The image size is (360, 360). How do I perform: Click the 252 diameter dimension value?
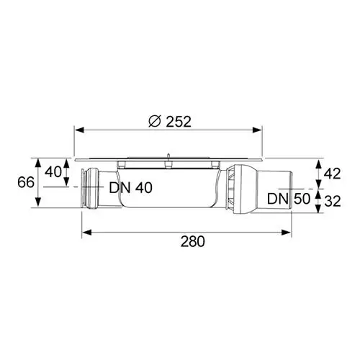(x=179, y=122)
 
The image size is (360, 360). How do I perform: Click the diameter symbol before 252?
(x=155, y=122)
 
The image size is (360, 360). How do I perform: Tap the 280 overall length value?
(x=193, y=241)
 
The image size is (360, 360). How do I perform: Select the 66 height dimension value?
(x=26, y=182)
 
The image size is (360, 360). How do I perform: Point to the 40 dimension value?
(x=53, y=172)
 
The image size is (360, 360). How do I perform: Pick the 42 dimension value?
(x=333, y=174)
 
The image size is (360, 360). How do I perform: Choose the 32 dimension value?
(x=333, y=201)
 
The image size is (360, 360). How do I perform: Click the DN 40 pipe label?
(x=131, y=188)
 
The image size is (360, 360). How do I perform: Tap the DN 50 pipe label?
(x=289, y=199)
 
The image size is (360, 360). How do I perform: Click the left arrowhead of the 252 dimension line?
(x=79, y=130)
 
